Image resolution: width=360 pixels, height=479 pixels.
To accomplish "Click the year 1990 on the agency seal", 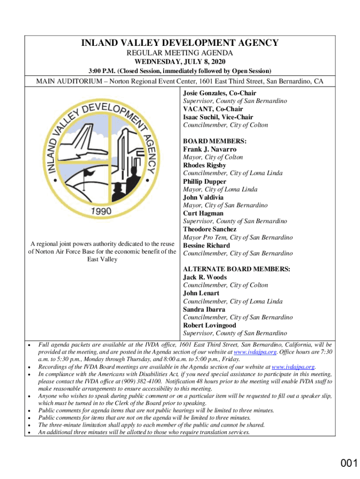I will [101, 211].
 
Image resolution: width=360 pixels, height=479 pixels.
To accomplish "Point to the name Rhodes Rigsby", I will [204, 165].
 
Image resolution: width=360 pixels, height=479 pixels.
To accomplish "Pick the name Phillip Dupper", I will [204, 181].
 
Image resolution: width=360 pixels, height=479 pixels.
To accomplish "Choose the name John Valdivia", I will [203, 197].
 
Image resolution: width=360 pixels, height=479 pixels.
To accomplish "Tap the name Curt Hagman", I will [203, 213].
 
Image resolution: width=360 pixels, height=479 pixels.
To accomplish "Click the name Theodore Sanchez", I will [209, 229].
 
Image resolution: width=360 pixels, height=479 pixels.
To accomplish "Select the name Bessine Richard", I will [206, 245].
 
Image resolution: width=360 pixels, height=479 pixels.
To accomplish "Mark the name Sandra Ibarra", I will [204, 309].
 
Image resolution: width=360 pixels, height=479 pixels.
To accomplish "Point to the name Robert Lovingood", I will [209, 325].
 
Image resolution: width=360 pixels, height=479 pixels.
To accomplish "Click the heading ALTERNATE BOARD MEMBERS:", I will [236, 269].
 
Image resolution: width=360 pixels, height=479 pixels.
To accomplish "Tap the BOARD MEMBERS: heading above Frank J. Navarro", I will [215, 141].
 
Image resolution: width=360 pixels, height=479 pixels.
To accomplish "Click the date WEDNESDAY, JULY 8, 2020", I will [180, 62].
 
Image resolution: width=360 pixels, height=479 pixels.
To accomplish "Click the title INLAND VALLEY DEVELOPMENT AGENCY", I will [180, 43].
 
